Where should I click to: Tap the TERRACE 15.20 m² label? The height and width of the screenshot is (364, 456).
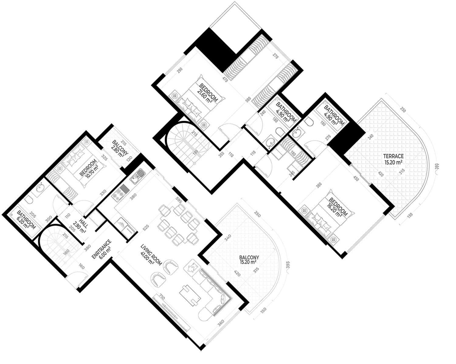393,159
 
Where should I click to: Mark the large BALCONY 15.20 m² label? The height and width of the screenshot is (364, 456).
249,260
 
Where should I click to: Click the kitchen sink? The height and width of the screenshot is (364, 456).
137,177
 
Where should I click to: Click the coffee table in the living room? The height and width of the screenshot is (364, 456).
190,295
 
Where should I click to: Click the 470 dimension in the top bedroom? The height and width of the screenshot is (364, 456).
225,80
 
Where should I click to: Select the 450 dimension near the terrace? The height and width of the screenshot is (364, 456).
356,178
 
